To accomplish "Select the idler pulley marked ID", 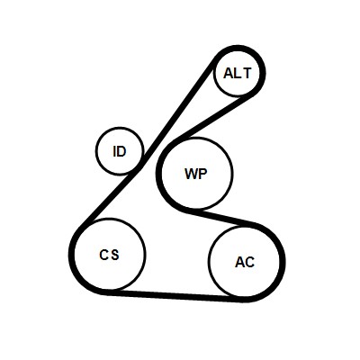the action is (x=120, y=151).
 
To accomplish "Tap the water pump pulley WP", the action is (x=197, y=174).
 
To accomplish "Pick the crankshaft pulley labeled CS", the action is (x=110, y=255).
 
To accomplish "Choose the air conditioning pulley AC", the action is (x=245, y=262).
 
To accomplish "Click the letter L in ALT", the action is (x=238, y=73).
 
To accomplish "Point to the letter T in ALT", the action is (x=247, y=73).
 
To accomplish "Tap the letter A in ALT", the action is (x=229, y=73).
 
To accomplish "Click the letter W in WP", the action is (x=191, y=174).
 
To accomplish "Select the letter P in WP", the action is (x=202, y=174).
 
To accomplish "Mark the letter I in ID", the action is (x=114, y=152).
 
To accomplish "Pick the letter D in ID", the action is (x=121, y=152).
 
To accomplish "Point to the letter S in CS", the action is (x=114, y=255).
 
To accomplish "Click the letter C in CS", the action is (x=103, y=255).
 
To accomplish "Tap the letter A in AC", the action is (x=240, y=262).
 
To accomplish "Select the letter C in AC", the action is (x=250, y=262).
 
